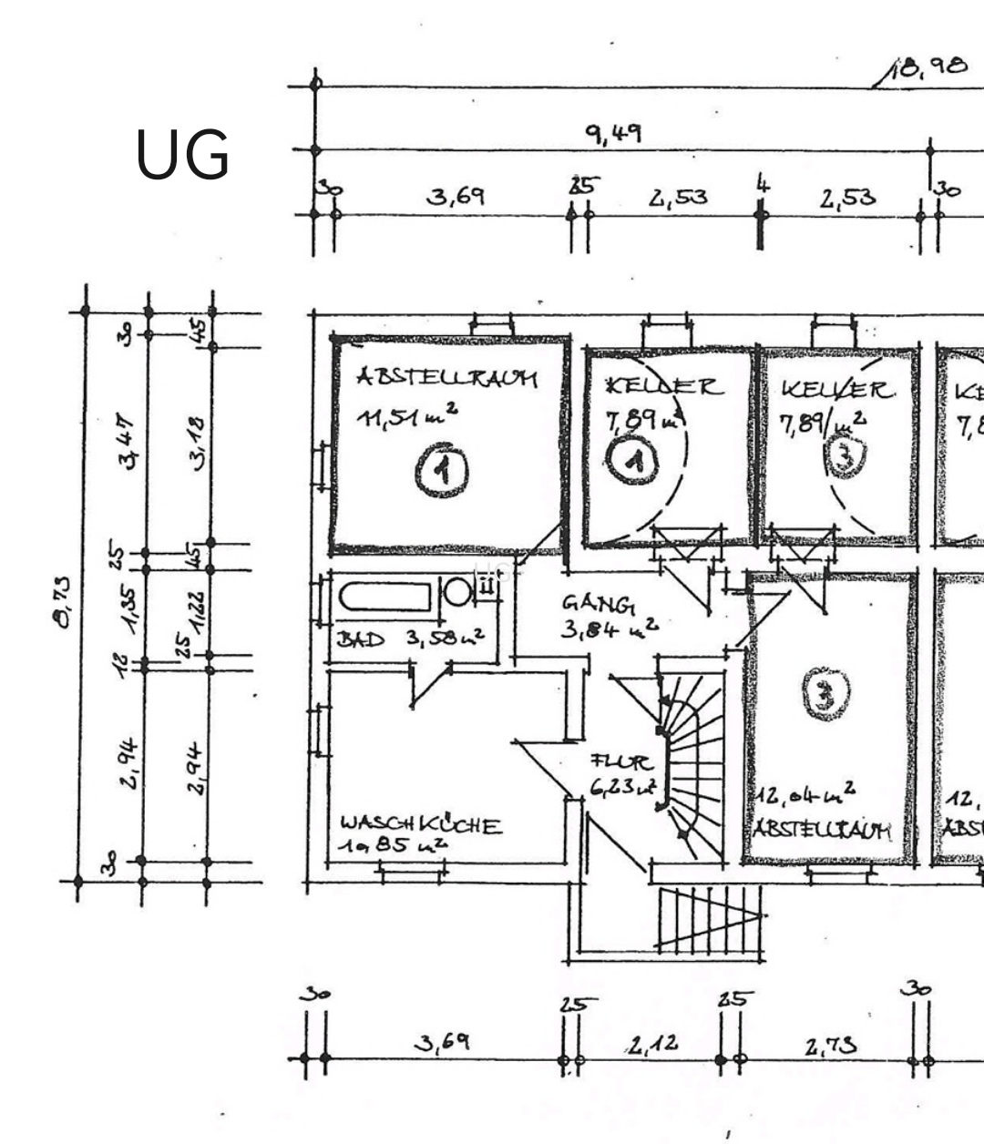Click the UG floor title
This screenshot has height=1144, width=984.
pos(182,155)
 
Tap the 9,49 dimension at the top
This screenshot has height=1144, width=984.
pos(612,134)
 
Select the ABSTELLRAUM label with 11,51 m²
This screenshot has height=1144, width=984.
pos(446,378)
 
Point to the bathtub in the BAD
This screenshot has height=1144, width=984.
pos(384,598)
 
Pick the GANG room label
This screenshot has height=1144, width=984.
pos(598,603)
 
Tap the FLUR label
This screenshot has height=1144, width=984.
pos(621,761)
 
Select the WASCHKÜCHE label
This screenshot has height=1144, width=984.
pos(420,825)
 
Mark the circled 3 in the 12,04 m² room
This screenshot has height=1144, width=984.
pos(826,696)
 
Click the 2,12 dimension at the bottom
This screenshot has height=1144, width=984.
pos(651,1044)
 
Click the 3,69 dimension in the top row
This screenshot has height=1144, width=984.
pos(456,197)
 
